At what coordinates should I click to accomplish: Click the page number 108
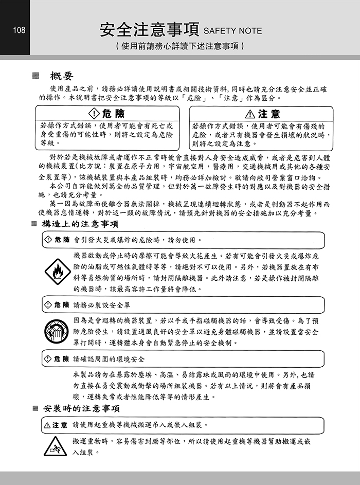point(19,30)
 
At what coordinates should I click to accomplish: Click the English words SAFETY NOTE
point(232,31)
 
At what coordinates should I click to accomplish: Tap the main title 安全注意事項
point(149,29)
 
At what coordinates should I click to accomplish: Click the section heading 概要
point(61,76)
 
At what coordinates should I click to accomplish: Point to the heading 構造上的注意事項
point(82,224)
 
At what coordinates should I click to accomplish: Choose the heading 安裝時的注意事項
point(82,409)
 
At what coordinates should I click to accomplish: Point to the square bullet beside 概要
point(35,76)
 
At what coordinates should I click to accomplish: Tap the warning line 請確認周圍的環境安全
point(109,358)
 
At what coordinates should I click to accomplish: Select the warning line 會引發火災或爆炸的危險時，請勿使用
point(138,240)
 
